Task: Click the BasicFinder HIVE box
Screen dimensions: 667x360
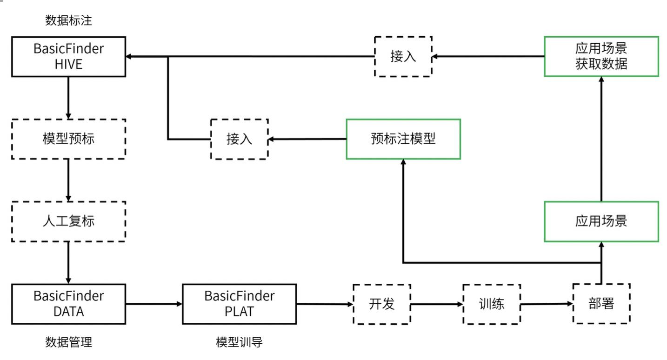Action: (x=68, y=57)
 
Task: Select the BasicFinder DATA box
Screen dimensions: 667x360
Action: (x=68, y=304)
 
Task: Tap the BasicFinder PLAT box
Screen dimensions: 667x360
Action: (x=240, y=304)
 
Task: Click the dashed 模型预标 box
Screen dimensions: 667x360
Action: (x=68, y=139)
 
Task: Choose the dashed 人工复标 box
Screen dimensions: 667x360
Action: (x=68, y=221)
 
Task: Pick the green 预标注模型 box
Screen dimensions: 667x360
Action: (x=403, y=139)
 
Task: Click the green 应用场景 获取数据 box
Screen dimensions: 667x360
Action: (x=601, y=57)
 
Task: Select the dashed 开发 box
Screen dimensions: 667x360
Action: (x=382, y=304)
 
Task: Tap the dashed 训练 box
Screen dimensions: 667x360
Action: (x=492, y=304)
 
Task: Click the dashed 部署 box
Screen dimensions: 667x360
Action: (x=601, y=303)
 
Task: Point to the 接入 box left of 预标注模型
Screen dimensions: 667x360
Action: (x=240, y=139)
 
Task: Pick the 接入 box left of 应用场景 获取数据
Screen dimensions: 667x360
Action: (x=403, y=57)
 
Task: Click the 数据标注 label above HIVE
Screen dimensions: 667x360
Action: (x=68, y=20)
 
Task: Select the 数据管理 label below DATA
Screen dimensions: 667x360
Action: (x=68, y=342)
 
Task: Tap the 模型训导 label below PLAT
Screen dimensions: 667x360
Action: (x=240, y=342)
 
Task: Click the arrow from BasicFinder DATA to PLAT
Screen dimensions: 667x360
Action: (x=154, y=304)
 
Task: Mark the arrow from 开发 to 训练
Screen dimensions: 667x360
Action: (x=437, y=304)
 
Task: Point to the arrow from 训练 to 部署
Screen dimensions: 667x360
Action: (x=547, y=304)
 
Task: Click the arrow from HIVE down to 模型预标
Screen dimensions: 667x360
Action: (x=68, y=98)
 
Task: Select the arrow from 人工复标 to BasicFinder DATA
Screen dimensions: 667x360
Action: (x=68, y=263)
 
